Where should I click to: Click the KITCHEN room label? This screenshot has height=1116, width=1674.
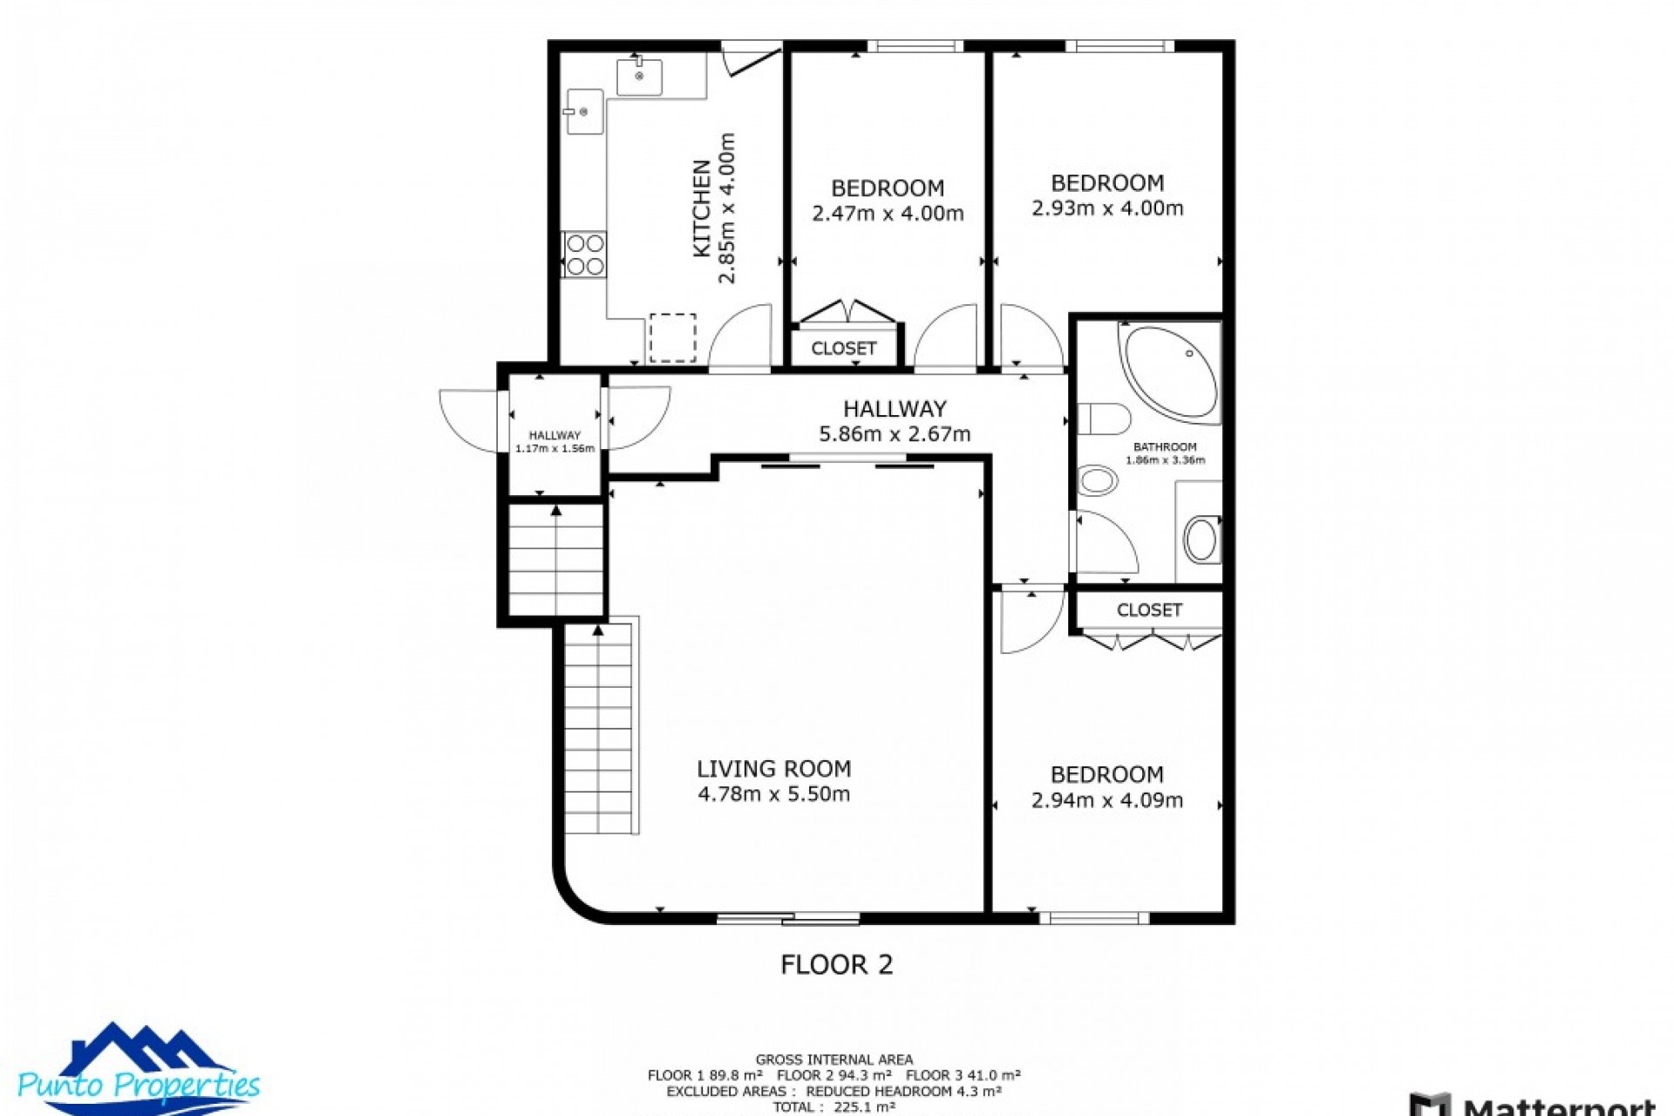click(x=702, y=208)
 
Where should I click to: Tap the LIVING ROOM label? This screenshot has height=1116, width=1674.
click(x=773, y=769)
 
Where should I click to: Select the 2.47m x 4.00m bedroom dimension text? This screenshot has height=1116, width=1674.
click(x=888, y=214)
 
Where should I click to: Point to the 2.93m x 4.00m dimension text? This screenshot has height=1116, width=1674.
click(x=1107, y=208)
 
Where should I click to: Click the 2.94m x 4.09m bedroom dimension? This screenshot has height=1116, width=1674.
click(x=1107, y=800)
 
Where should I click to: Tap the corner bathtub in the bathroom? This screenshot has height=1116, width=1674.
click(x=1170, y=373)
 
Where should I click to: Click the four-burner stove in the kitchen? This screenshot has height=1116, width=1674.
click(x=585, y=255)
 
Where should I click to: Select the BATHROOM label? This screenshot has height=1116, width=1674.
click(x=1165, y=447)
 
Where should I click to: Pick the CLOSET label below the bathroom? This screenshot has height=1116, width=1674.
click(x=1149, y=610)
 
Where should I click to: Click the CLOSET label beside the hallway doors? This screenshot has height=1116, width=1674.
click(x=843, y=349)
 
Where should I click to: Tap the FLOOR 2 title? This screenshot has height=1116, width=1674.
click(x=836, y=964)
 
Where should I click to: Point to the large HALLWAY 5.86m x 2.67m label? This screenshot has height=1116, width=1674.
click(x=895, y=421)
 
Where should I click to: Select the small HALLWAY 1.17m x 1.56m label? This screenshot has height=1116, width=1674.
click(x=555, y=442)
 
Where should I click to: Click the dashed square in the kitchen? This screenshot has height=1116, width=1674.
click(x=672, y=337)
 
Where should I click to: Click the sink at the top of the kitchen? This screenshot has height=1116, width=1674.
click(x=639, y=76)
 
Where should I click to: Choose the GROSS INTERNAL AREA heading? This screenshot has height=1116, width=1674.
click(x=834, y=1060)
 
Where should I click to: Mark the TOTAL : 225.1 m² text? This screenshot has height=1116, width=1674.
click(x=834, y=1107)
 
